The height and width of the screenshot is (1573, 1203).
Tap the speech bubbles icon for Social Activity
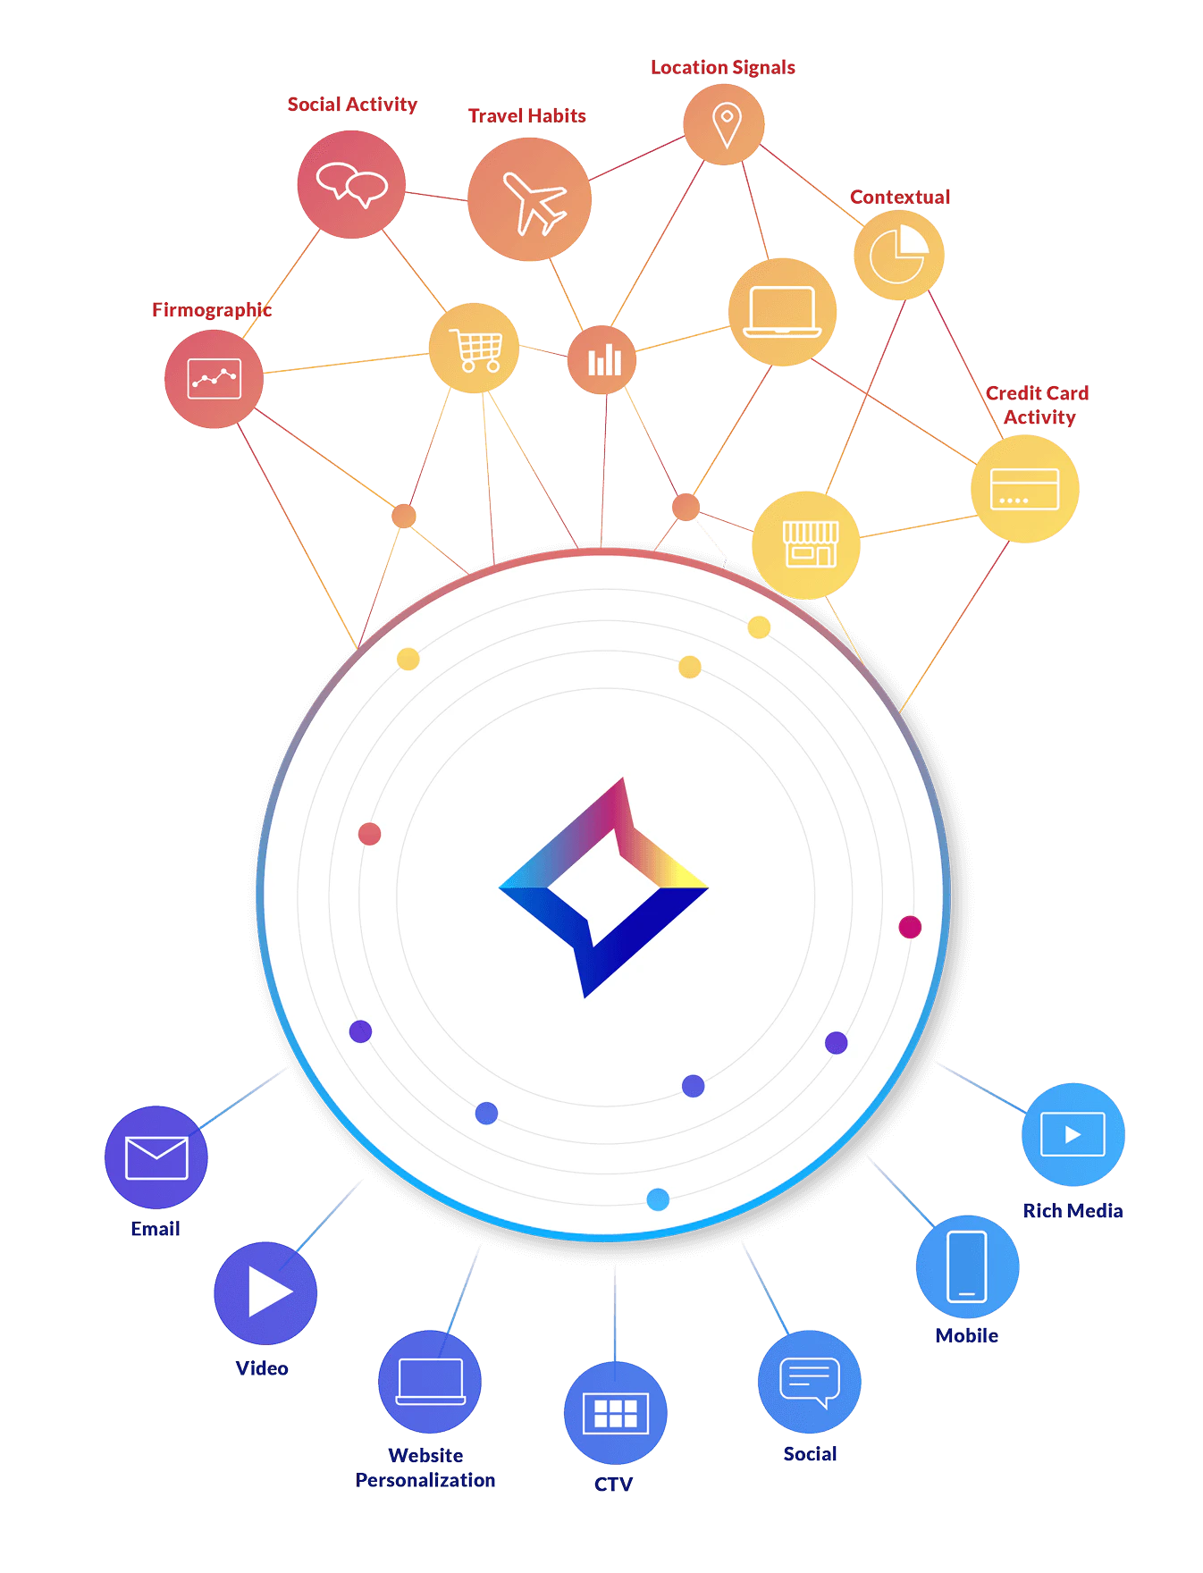(352, 184)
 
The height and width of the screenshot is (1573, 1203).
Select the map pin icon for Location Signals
(726, 125)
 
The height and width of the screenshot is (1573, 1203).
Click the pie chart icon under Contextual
(899, 255)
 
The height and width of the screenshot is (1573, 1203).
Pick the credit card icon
(1024, 489)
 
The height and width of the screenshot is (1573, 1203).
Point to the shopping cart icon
(475, 349)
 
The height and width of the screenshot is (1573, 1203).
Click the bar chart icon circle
(602, 360)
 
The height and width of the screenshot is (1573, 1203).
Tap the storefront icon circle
(806, 545)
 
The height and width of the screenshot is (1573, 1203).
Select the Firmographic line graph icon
(215, 379)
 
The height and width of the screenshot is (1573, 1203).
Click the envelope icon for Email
(156, 1158)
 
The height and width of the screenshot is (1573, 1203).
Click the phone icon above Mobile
(967, 1266)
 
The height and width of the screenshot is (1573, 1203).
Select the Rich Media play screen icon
(1073, 1134)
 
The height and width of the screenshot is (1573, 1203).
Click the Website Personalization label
(425, 1468)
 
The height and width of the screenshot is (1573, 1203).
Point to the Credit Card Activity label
(1038, 405)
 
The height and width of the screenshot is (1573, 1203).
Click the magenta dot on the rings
(910, 927)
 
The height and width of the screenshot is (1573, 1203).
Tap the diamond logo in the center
(604, 887)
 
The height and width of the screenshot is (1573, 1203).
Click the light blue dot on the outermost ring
(658, 1199)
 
